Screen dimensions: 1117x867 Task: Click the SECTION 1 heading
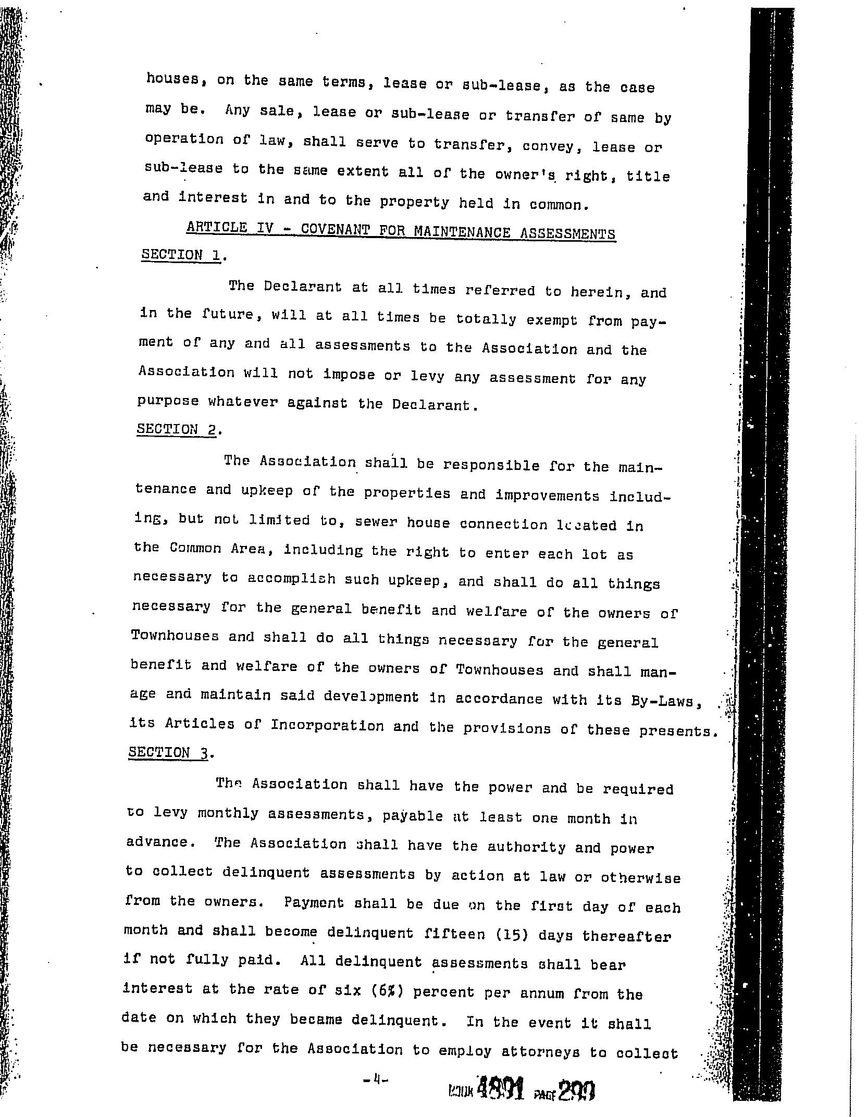[x=181, y=255]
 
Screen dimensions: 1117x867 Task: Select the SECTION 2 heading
[x=176, y=430]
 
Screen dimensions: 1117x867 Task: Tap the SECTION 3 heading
[x=168, y=752]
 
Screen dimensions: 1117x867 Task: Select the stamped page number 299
[x=576, y=1088]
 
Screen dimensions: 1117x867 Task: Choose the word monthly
[x=228, y=814]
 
